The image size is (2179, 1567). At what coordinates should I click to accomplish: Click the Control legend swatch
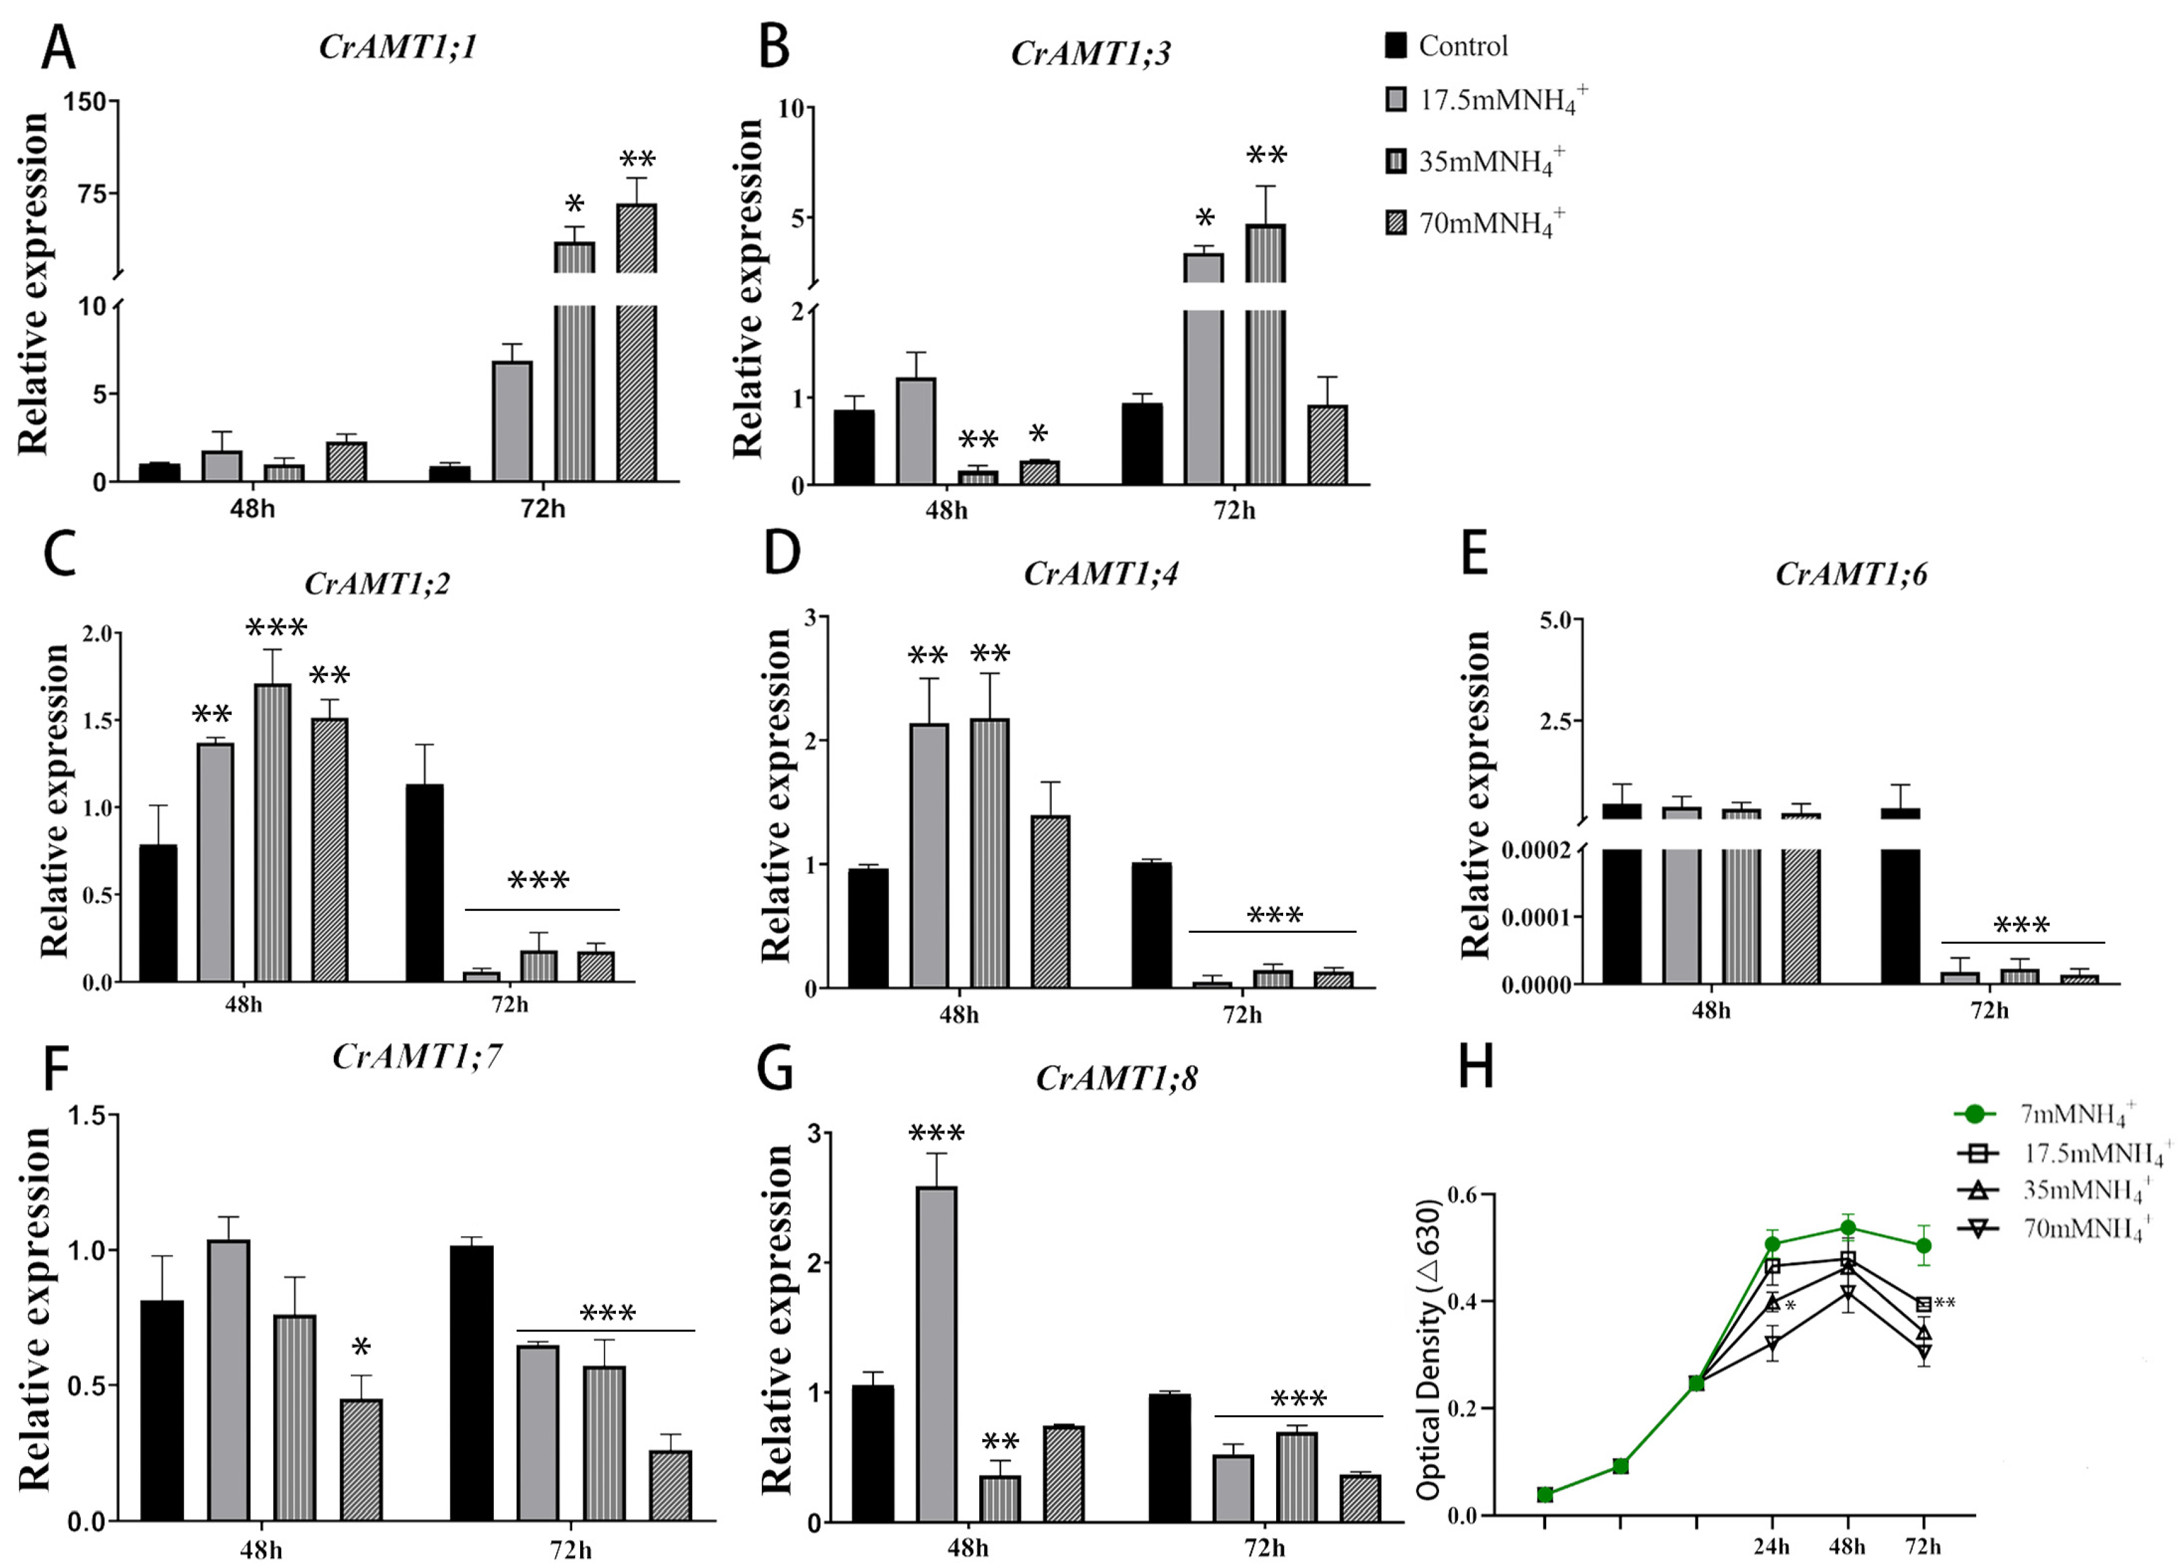pos(1396,45)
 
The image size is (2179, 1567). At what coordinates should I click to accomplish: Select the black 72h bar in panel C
pos(425,882)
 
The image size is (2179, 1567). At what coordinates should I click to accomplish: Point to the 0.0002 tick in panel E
pos(1537,850)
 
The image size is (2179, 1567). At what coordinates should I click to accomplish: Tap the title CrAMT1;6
pos(1851,575)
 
